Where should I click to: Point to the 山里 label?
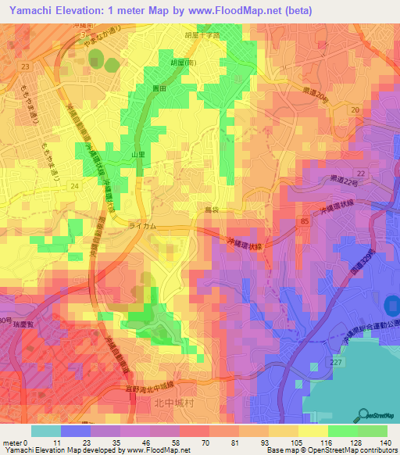(138, 156)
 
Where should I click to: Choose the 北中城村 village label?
(164, 402)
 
